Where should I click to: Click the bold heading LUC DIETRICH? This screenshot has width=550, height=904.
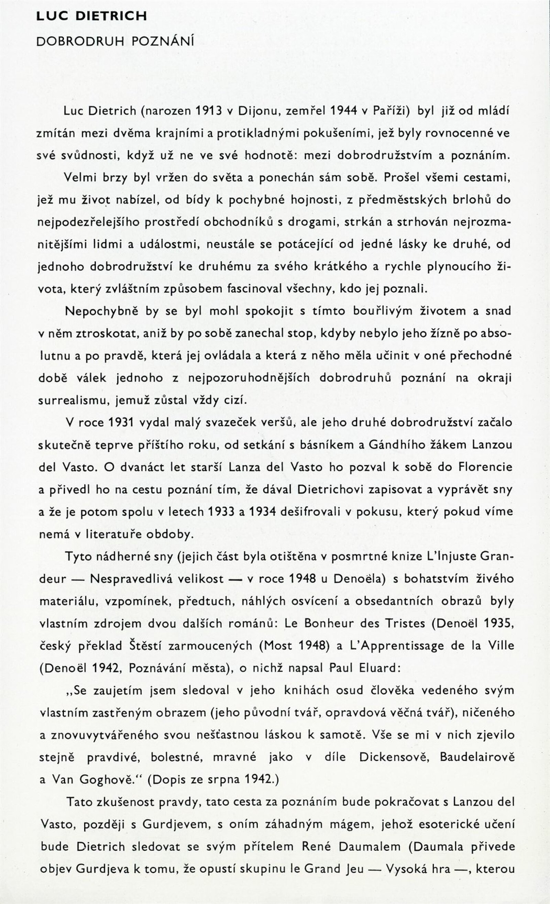(x=91, y=16)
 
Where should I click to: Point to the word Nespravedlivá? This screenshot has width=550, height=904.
(x=157, y=578)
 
